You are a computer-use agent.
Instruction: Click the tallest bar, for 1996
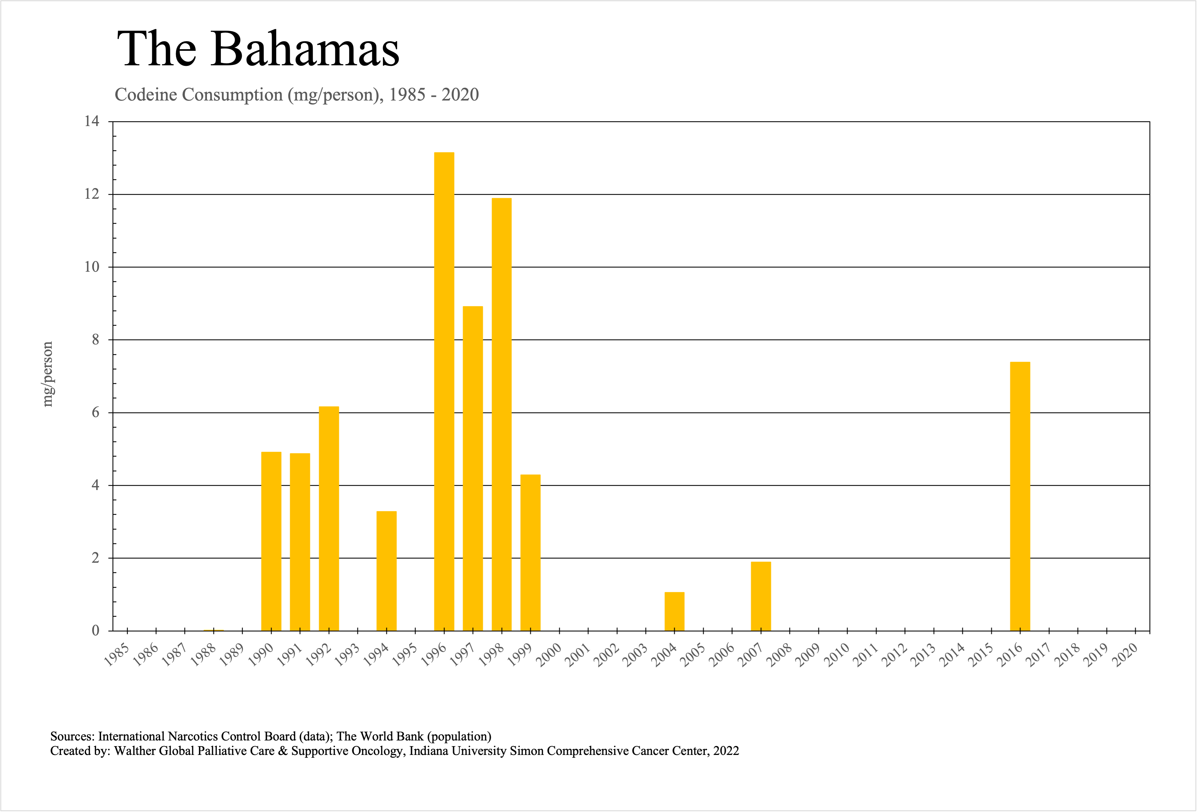pyautogui.click(x=444, y=392)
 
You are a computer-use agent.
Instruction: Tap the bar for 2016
pyautogui.click(x=1020, y=496)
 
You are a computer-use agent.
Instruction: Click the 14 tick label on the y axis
pyautogui.click(x=92, y=122)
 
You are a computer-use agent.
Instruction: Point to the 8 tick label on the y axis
pyautogui.click(x=95, y=340)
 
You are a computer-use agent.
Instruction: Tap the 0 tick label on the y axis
pyautogui.click(x=95, y=631)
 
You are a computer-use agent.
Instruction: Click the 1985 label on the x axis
pyautogui.click(x=116, y=656)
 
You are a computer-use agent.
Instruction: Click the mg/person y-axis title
pyautogui.click(x=47, y=374)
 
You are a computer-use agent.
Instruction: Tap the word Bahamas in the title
pyautogui.click(x=305, y=49)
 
